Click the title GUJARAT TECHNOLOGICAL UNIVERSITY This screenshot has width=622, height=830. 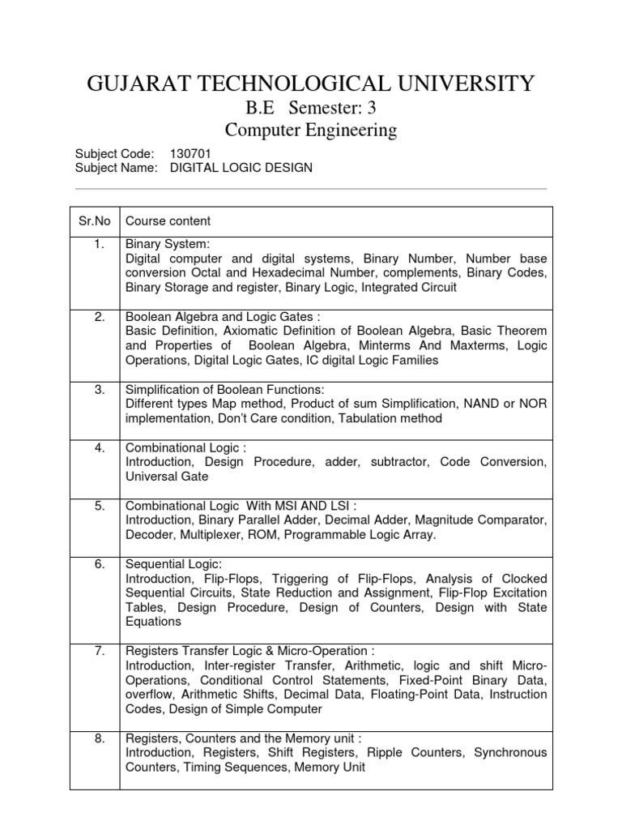coord(310,83)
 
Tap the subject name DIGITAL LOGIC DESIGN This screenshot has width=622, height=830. coord(241,168)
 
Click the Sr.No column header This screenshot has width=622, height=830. coord(95,221)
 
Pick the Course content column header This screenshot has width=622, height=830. coord(168,221)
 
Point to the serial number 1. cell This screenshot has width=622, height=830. coord(99,243)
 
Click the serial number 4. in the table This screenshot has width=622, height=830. coord(99,447)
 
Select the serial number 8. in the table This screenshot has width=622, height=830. coord(99,738)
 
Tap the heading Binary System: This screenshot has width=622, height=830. coord(168,243)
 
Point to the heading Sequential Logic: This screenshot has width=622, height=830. coord(173,564)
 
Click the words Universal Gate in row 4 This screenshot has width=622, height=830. coord(167,477)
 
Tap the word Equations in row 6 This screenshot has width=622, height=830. coord(154,622)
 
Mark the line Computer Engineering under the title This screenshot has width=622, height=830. coord(310,130)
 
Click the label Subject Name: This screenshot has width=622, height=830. coord(115,168)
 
